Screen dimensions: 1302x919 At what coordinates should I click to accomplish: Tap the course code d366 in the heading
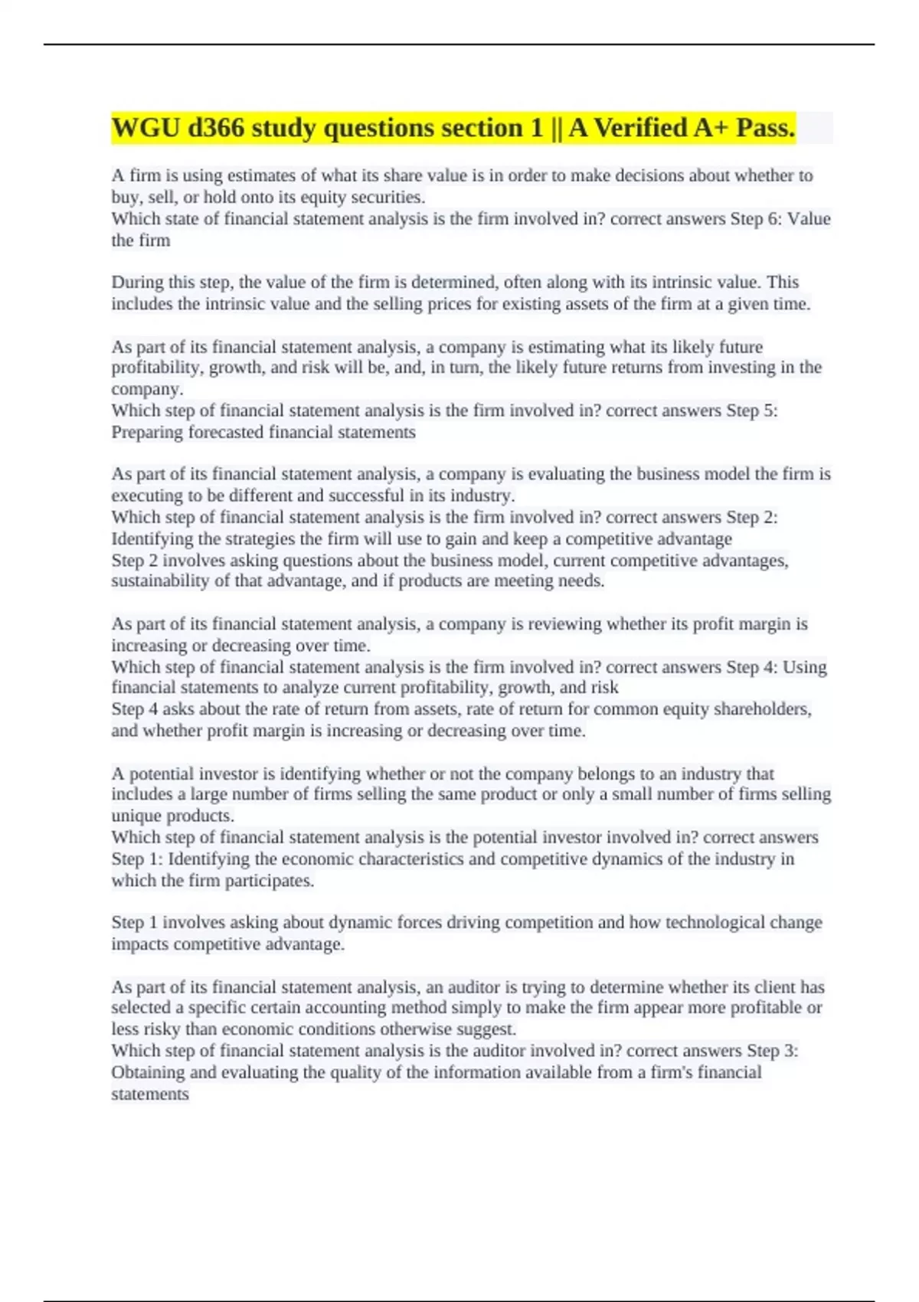point(215,128)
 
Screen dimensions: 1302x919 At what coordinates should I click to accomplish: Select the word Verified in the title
point(639,128)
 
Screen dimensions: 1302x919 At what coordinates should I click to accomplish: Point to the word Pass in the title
point(764,128)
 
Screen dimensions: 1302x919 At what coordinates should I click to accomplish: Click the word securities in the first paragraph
point(387,198)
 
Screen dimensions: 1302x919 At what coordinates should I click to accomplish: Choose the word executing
point(144,496)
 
